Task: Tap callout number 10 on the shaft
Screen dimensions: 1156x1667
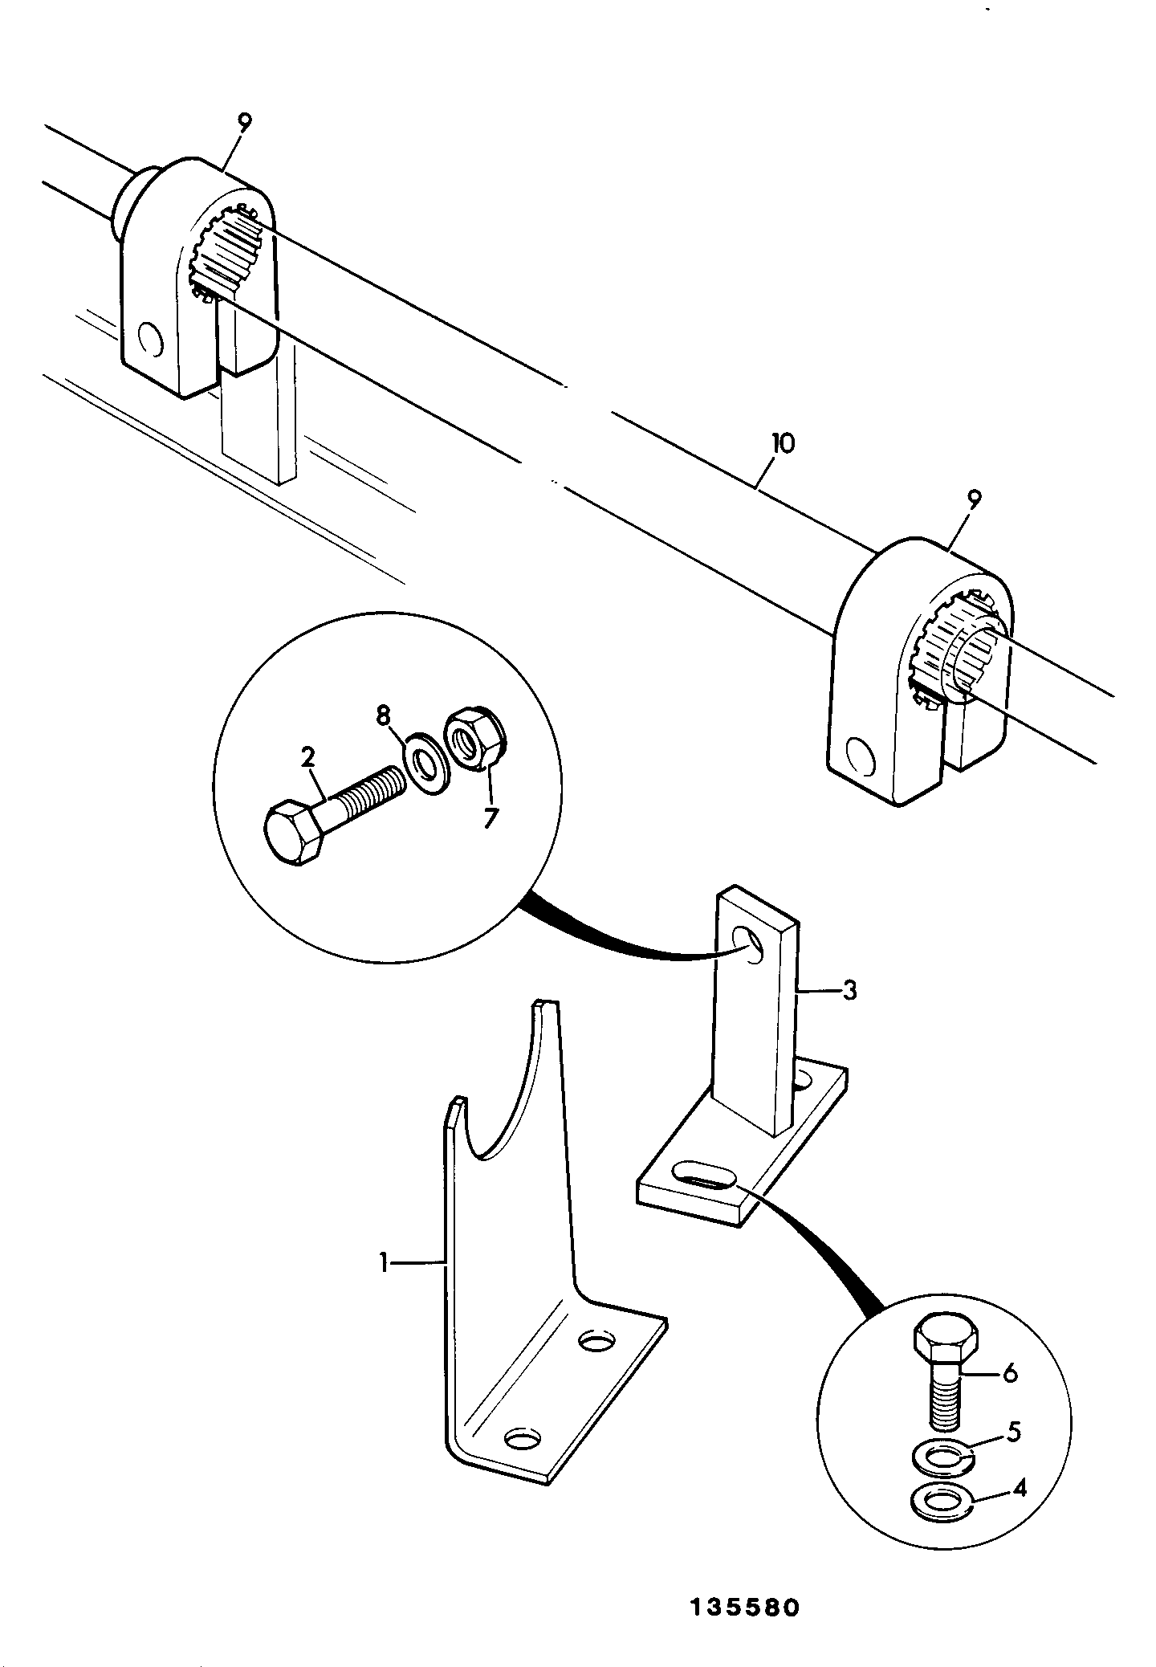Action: (782, 443)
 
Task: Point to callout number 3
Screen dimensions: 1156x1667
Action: (849, 991)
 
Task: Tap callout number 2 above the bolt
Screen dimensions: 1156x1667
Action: (308, 756)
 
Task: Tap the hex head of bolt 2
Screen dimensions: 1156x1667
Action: (294, 834)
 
